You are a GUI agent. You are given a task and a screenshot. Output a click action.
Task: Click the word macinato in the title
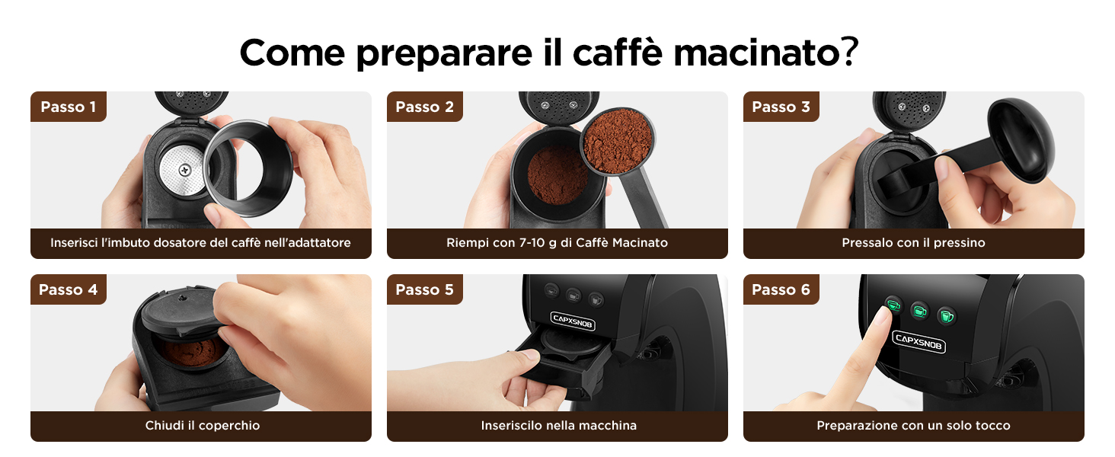pos(756,53)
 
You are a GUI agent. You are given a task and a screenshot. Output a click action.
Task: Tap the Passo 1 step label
pos(69,107)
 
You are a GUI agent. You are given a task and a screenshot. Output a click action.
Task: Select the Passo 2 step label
pos(424,107)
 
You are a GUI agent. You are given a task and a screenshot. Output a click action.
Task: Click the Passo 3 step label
pos(781,107)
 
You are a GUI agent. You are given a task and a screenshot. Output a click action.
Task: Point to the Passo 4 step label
pos(69,289)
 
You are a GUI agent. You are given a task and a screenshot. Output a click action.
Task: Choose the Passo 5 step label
pos(424,289)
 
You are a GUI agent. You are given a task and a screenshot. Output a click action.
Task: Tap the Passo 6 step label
pos(781,289)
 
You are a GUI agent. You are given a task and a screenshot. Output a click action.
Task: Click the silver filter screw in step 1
pos(184,171)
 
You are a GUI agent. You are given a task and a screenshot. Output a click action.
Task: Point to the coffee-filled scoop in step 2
pos(617,142)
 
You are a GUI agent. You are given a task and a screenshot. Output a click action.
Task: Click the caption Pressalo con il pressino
pos(913,243)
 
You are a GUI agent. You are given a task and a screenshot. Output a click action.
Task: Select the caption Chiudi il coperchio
pos(203,426)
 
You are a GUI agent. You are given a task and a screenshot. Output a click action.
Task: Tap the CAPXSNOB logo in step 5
pos(573,321)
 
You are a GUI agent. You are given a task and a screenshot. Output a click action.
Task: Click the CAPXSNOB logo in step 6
pos(919,341)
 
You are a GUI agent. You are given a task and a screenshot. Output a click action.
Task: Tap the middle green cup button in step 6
pos(919,312)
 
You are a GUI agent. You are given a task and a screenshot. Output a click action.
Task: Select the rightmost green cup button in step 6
pos(946,315)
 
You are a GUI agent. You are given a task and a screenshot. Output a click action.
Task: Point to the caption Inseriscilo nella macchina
pos(558,426)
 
